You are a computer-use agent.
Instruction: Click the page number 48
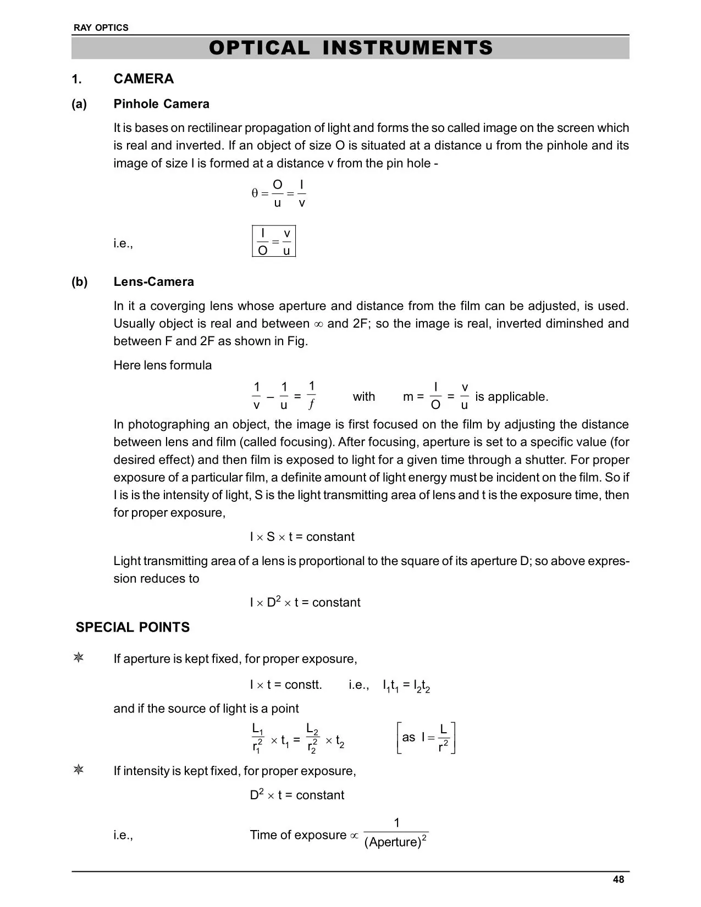coord(619,880)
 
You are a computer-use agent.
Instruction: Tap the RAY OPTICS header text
coord(101,27)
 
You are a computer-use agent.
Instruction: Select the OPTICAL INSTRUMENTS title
coord(351,48)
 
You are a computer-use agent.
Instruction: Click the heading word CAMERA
coord(143,79)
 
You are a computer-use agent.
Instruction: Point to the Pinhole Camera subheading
coord(161,104)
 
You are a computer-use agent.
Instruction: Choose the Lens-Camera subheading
coord(153,281)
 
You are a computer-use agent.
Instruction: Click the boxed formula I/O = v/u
coord(274,241)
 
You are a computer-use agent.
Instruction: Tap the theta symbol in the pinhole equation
coord(255,193)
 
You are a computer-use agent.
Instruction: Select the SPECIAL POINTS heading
coord(133,627)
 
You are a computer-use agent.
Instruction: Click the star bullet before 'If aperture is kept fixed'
coord(79,658)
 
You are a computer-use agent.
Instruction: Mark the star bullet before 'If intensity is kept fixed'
coord(79,770)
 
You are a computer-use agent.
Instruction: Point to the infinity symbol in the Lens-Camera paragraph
coord(318,324)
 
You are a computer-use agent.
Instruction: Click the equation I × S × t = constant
coord(302,537)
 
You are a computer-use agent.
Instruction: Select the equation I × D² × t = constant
coord(305,602)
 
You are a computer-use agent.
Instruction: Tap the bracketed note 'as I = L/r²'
coord(426,738)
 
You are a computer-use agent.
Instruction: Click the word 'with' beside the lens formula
coord(363,396)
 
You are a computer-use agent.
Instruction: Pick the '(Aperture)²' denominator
coord(396,842)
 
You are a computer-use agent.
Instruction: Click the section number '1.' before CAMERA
coord(77,79)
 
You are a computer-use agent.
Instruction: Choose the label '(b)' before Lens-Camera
coord(79,281)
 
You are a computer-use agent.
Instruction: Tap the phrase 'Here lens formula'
coord(162,365)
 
